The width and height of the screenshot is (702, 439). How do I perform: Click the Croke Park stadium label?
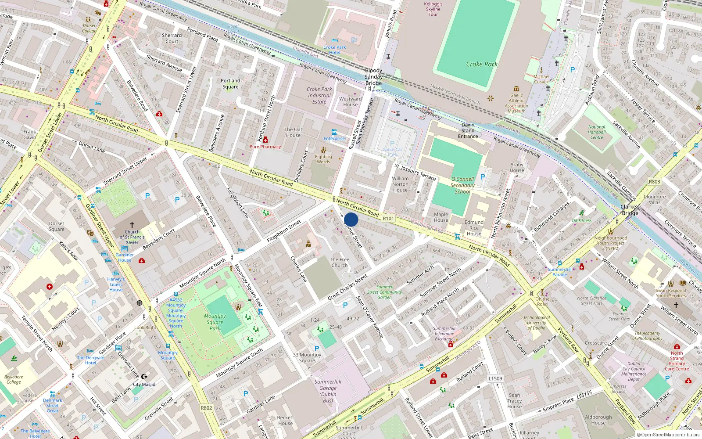(x=481, y=64)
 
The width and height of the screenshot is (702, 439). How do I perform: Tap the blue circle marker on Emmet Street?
(x=351, y=219)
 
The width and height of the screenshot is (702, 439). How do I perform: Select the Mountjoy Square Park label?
(x=215, y=322)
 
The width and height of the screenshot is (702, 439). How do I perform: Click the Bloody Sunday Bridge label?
(x=373, y=77)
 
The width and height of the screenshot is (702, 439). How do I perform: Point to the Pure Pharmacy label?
(x=265, y=147)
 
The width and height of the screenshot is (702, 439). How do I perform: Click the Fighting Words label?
(x=323, y=159)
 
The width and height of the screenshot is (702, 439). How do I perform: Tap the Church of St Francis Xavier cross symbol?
(x=132, y=225)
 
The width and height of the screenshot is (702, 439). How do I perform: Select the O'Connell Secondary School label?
(x=462, y=185)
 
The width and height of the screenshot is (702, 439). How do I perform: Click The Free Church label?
(x=340, y=262)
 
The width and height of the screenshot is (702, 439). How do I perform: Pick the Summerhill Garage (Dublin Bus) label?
(x=328, y=391)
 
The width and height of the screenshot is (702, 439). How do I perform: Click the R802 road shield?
(x=206, y=408)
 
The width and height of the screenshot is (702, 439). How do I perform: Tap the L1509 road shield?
(x=495, y=378)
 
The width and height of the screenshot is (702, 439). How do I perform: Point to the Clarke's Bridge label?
(x=630, y=210)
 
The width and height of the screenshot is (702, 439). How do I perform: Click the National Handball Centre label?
(x=597, y=132)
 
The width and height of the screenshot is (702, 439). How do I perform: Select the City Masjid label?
(x=144, y=384)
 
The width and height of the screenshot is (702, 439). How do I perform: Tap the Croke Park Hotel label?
(x=335, y=50)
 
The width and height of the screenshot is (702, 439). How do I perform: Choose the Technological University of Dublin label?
(x=537, y=323)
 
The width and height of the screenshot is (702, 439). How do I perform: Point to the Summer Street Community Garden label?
(x=384, y=292)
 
